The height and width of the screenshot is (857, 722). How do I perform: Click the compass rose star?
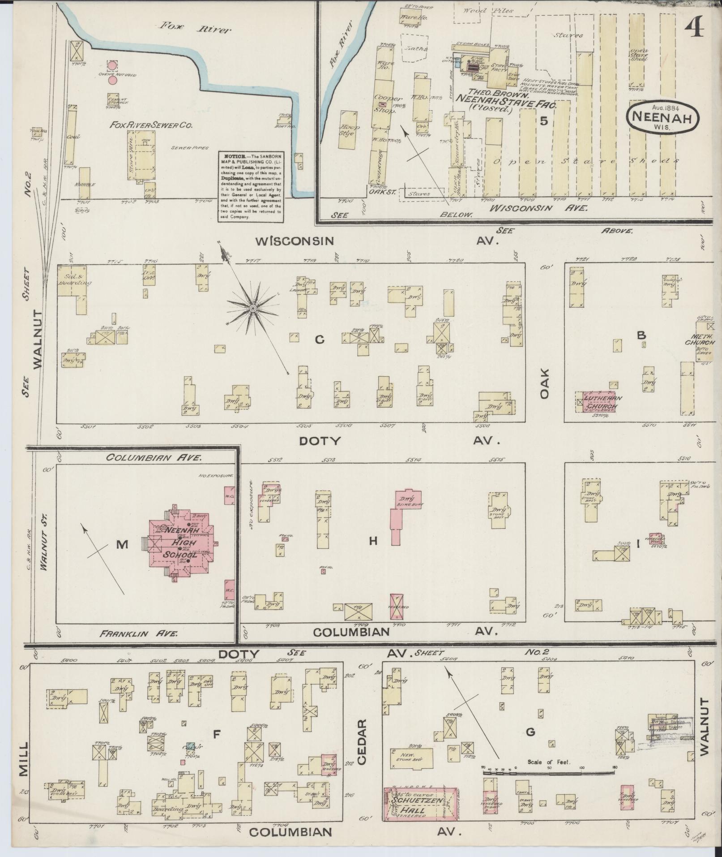253,309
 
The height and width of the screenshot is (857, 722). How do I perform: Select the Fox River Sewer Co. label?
151,126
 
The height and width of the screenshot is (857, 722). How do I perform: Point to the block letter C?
319,340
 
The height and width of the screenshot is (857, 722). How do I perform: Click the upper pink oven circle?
113,66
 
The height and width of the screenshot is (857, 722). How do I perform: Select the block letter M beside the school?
122,544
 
